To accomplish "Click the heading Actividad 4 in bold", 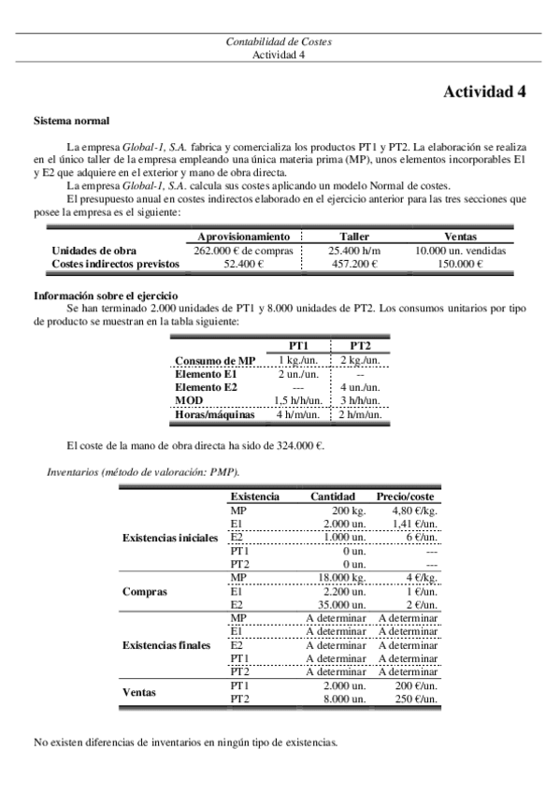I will [484, 92].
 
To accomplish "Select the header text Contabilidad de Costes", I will [280, 42].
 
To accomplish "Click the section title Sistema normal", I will [71, 122].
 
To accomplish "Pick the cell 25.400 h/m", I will [352, 251].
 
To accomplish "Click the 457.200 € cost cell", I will [352, 265].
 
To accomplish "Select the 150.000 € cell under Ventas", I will [460, 265].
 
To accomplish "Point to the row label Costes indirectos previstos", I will [116, 265].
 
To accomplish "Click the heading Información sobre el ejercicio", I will [106, 296].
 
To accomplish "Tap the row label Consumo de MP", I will [215, 361].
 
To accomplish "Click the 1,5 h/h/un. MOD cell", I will [299, 400].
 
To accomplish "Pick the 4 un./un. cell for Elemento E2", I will [360, 387].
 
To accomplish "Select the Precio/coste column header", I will [408, 496].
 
